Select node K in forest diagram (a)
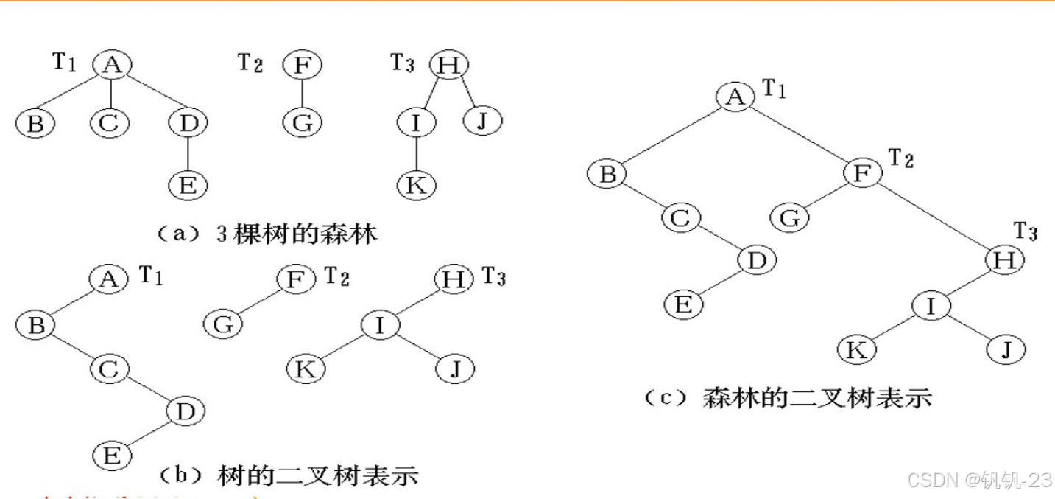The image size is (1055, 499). coord(416,185)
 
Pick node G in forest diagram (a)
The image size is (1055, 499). coord(303,122)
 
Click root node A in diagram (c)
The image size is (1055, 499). coord(734,97)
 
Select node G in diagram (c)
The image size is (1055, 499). coord(790,217)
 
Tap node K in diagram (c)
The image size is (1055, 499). coord(856,349)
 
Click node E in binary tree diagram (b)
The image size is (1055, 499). coord(112,456)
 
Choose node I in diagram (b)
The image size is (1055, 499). coord(379,325)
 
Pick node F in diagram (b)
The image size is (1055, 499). coord(296,279)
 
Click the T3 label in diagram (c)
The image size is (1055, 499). coord(1025,231)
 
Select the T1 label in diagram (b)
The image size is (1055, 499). coord(151,277)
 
